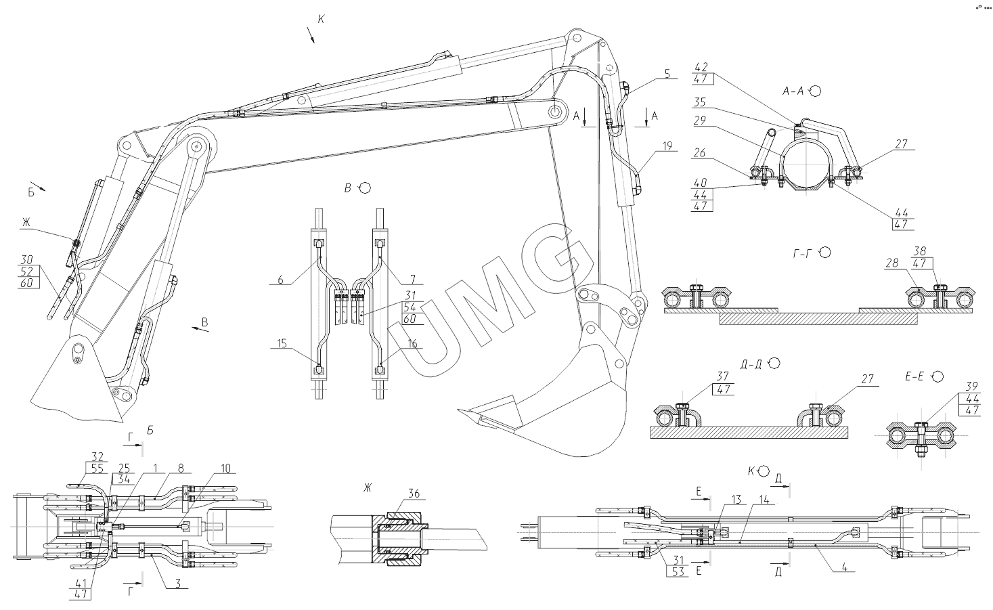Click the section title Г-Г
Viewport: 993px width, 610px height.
[x=803, y=253]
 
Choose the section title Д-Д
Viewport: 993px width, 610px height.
[x=751, y=364]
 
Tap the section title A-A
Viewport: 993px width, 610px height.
[x=792, y=91]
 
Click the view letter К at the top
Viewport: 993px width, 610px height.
[x=321, y=19]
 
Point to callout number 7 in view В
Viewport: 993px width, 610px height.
[x=412, y=279]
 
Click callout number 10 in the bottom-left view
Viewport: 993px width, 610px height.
[x=225, y=468]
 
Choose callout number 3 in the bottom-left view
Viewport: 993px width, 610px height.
[x=178, y=582]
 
